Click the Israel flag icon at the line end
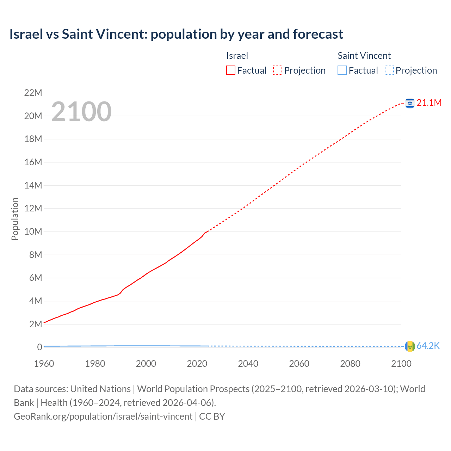[410, 103]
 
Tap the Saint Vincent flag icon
[410, 346]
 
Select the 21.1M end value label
[429, 103]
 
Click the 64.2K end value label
[428, 346]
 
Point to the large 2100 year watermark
[81, 112]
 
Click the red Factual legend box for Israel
[231, 70]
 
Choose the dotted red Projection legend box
[278, 70]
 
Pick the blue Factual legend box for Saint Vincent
[342, 70]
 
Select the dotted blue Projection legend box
[389, 70]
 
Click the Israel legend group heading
[237, 56]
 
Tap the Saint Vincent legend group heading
[364, 56]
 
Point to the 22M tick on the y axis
[33, 93]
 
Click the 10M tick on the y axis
[33, 232]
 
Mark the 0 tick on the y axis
[39, 347]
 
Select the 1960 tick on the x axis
[44, 364]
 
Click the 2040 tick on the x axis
[248, 364]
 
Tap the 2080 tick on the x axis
[350, 364]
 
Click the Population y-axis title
[15, 219]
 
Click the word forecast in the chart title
[318, 34]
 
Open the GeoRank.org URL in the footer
[103, 416]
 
